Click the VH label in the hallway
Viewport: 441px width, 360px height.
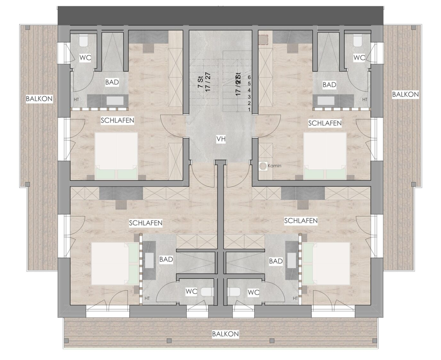[x=221, y=139]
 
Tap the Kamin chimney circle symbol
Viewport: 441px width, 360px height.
[x=263, y=166]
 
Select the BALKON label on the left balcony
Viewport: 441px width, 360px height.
[x=39, y=98]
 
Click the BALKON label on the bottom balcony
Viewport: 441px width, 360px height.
[x=225, y=334]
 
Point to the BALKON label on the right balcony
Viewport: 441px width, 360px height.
[x=405, y=94]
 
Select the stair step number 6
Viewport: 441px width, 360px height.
[x=249, y=78]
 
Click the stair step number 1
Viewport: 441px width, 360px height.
[x=249, y=109]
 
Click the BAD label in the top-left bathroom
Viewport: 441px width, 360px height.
[x=112, y=82]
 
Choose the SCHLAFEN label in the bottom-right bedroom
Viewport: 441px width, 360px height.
[x=301, y=220]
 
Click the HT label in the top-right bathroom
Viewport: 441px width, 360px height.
[x=365, y=99]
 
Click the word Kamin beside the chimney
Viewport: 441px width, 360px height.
[x=275, y=166]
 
